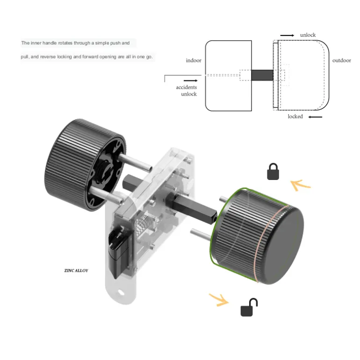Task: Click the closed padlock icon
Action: point(273,172)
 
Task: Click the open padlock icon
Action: point(249,307)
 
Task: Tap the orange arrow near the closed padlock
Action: point(300,185)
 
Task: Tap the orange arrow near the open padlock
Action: point(219,300)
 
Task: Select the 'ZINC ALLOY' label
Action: point(76,270)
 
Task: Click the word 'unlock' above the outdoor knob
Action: point(308,35)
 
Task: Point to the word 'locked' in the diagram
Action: point(295,116)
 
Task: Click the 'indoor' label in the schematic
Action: point(194,60)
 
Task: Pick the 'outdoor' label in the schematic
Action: point(342,60)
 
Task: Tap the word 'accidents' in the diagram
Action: point(186,87)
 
